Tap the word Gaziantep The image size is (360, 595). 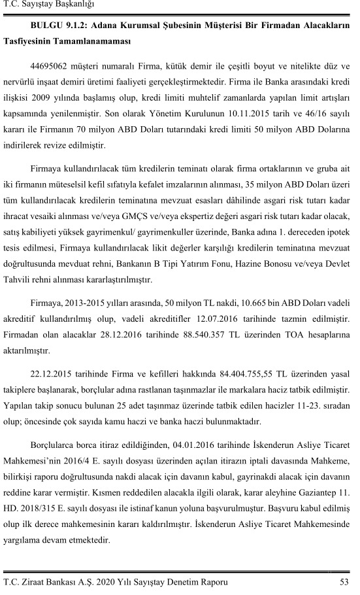[314, 483]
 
